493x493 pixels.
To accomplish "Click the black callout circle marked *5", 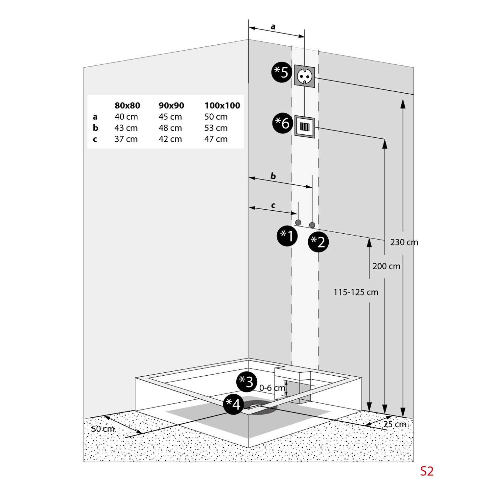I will (x=282, y=72).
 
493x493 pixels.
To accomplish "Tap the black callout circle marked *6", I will (x=283, y=123).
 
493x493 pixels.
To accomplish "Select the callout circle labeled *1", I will (x=287, y=236).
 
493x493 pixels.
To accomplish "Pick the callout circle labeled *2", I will (x=318, y=242).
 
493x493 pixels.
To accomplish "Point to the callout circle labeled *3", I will (x=246, y=382).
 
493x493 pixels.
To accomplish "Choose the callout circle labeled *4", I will (x=233, y=404).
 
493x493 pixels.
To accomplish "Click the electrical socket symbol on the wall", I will (x=304, y=76).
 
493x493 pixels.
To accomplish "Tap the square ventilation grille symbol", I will (x=305, y=127).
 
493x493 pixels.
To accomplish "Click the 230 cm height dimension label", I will (x=404, y=242).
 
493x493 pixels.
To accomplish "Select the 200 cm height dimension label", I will (x=386, y=266).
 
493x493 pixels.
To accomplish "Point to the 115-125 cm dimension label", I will (x=356, y=292).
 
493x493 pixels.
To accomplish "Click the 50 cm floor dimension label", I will (x=103, y=429).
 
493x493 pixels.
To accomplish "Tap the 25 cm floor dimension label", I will (x=395, y=424).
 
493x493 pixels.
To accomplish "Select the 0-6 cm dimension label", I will (x=272, y=388).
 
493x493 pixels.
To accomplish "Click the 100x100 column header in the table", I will (x=222, y=106).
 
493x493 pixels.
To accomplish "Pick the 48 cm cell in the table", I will (x=170, y=128).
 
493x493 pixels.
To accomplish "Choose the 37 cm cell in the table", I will (x=126, y=139).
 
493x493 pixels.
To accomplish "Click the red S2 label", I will (x=427, y=471).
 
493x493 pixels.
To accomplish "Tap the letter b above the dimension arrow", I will (x=273, y=176).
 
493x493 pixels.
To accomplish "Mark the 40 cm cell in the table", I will (x=126, y=117).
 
